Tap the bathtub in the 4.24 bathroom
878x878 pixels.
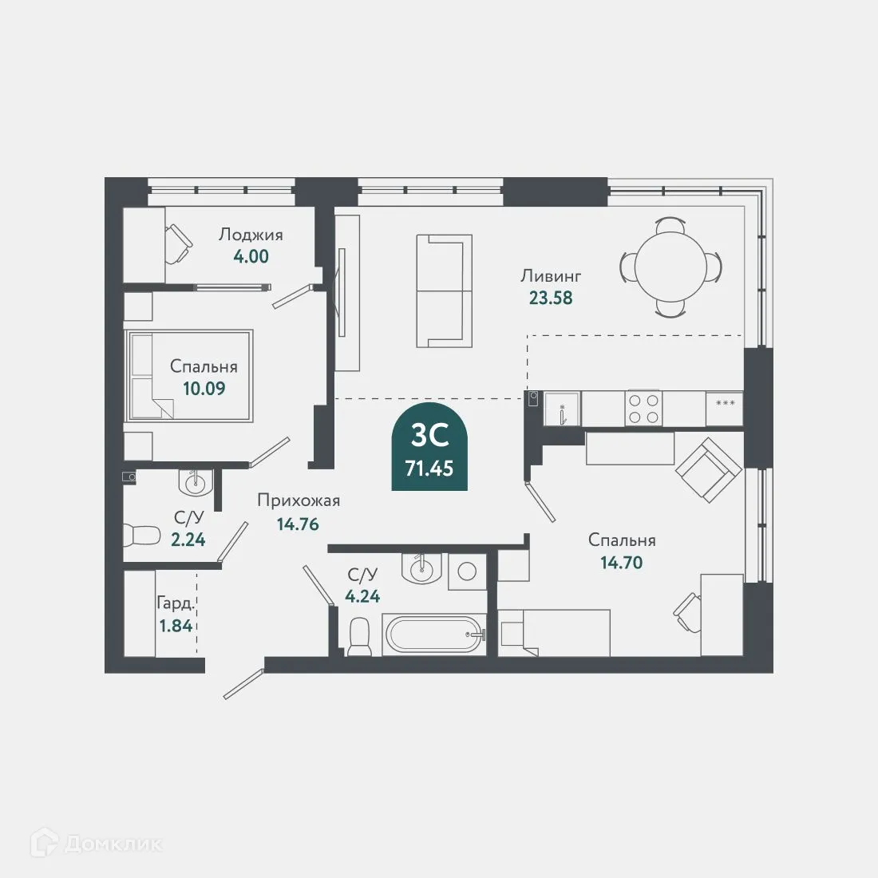tap(434, 634)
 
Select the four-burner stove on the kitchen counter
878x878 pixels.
tap(643, 408)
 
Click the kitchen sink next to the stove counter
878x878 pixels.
tap(562, 409)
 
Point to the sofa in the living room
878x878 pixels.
tap(444, 291)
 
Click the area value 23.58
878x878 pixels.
tap(551, 298)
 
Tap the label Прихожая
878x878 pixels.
tap(299, 500)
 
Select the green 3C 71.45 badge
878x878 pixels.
tap(429, 446)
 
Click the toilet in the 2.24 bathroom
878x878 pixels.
tap(141, 535)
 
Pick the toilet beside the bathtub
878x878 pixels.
tap(359, 637)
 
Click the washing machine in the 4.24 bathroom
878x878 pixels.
tap(468, 571)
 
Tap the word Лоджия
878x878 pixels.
tap(251, 235)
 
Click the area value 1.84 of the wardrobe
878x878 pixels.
tap(176, 626)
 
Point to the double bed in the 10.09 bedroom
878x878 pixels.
tap(188, 375)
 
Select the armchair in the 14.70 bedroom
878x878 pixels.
tap(708, 469)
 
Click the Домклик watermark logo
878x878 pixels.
tap(97, 844)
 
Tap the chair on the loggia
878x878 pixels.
tap(179, 243)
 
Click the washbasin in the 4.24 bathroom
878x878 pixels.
tap(421, 568)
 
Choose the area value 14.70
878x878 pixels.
tap(622, 562)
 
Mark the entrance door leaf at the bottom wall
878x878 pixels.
tap(243, 684)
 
